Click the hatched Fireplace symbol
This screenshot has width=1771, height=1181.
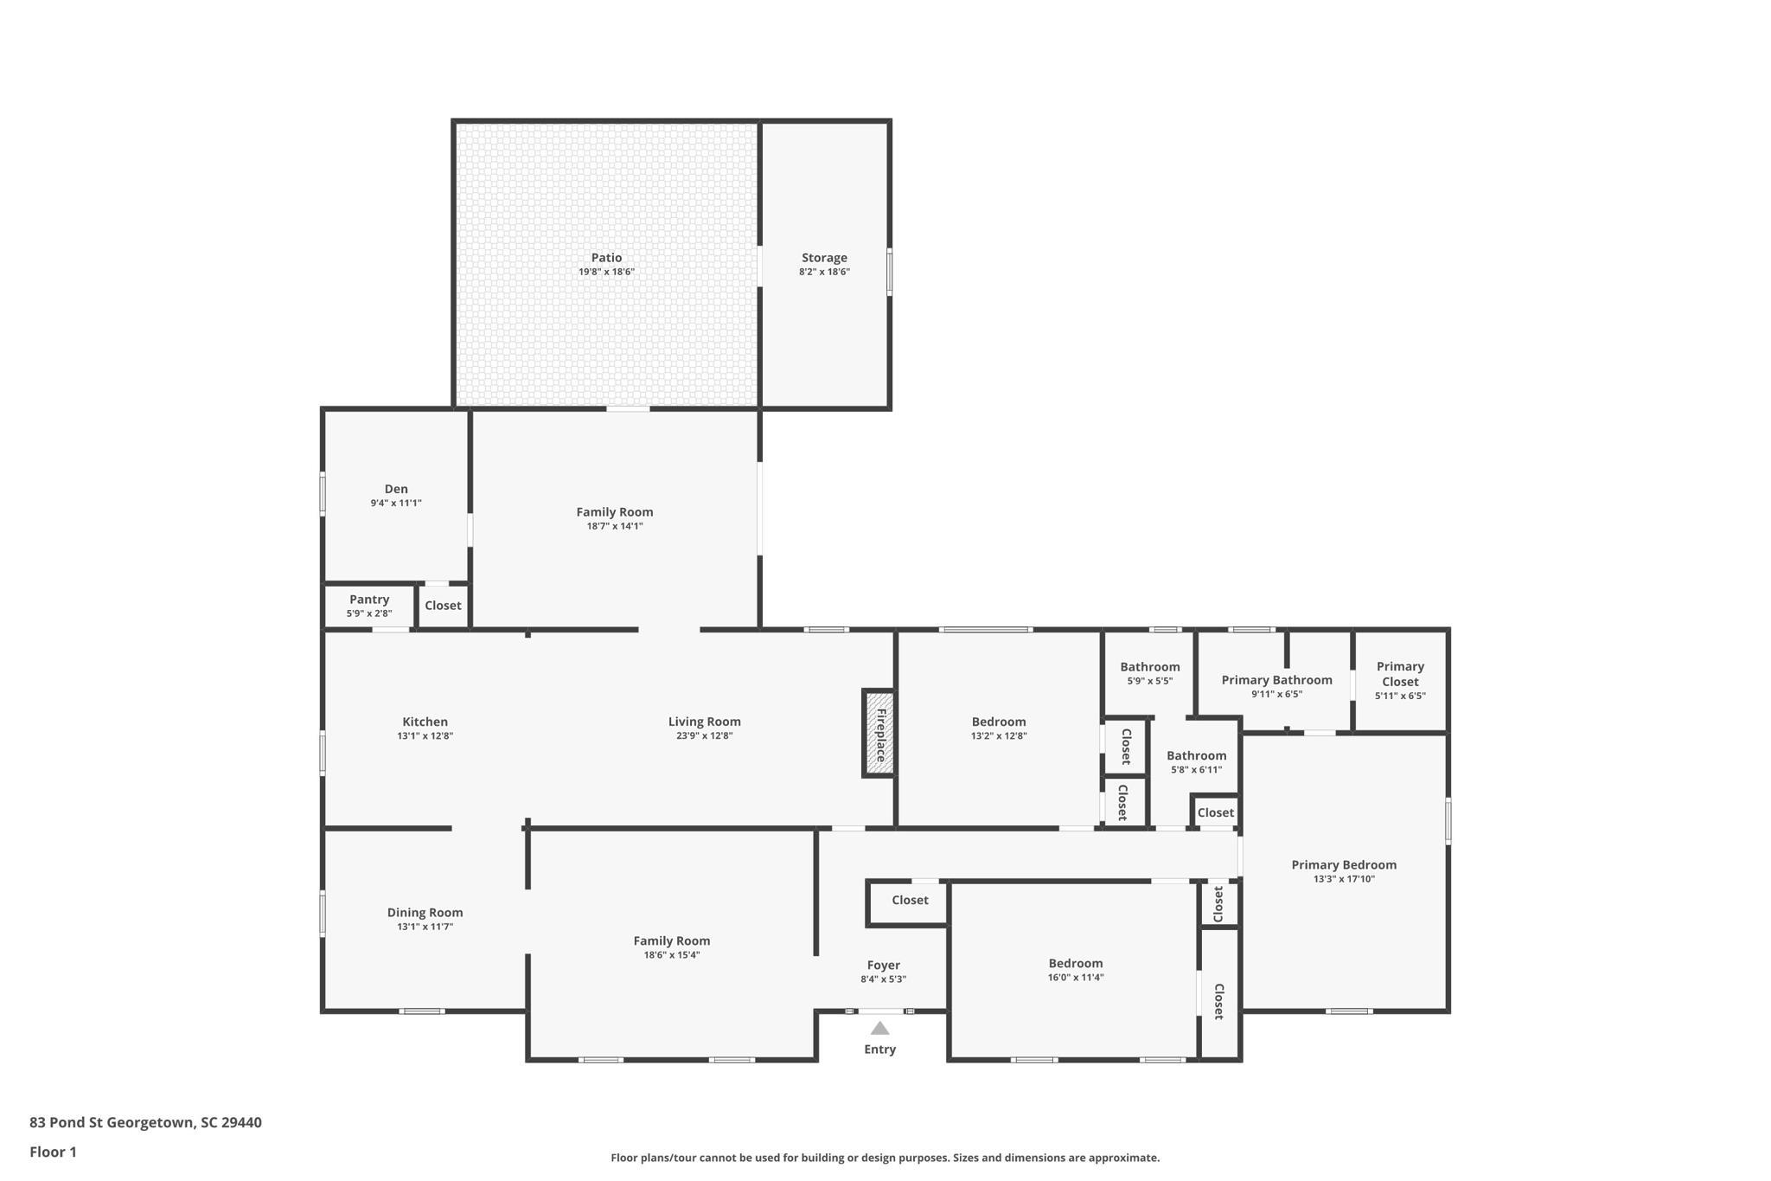click(879, 734)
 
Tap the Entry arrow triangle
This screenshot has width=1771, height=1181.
click(879, 1028)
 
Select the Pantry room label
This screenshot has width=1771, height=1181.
click(369, 600)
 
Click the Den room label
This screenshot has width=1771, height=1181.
click(396, 489)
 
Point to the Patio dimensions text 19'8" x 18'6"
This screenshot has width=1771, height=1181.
click(607, 272)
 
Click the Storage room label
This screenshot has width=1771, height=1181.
click(824, 258)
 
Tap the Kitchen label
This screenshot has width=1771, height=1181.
click(425, 722)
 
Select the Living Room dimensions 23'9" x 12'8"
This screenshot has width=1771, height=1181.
click(704, 736)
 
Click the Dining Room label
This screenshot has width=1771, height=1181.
click(425, 912)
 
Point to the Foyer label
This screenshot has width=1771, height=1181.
click(884, 966)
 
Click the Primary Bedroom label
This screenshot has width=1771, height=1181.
click(1344, 864)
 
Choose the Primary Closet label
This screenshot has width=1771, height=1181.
click(1400, 674)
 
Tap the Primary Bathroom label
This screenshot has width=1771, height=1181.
click(1276, 680)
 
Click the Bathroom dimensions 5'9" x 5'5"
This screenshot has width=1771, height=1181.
click(1150, 681)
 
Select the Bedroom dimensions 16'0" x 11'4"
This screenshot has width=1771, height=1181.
click(1076, 978)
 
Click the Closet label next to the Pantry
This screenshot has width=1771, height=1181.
click(443, 606)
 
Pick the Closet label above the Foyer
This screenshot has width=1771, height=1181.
click(910, 900)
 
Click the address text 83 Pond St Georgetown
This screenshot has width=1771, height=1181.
click(111, 1122)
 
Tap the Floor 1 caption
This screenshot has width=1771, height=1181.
click(53, 1152)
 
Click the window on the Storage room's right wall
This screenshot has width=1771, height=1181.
click(889, 272)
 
